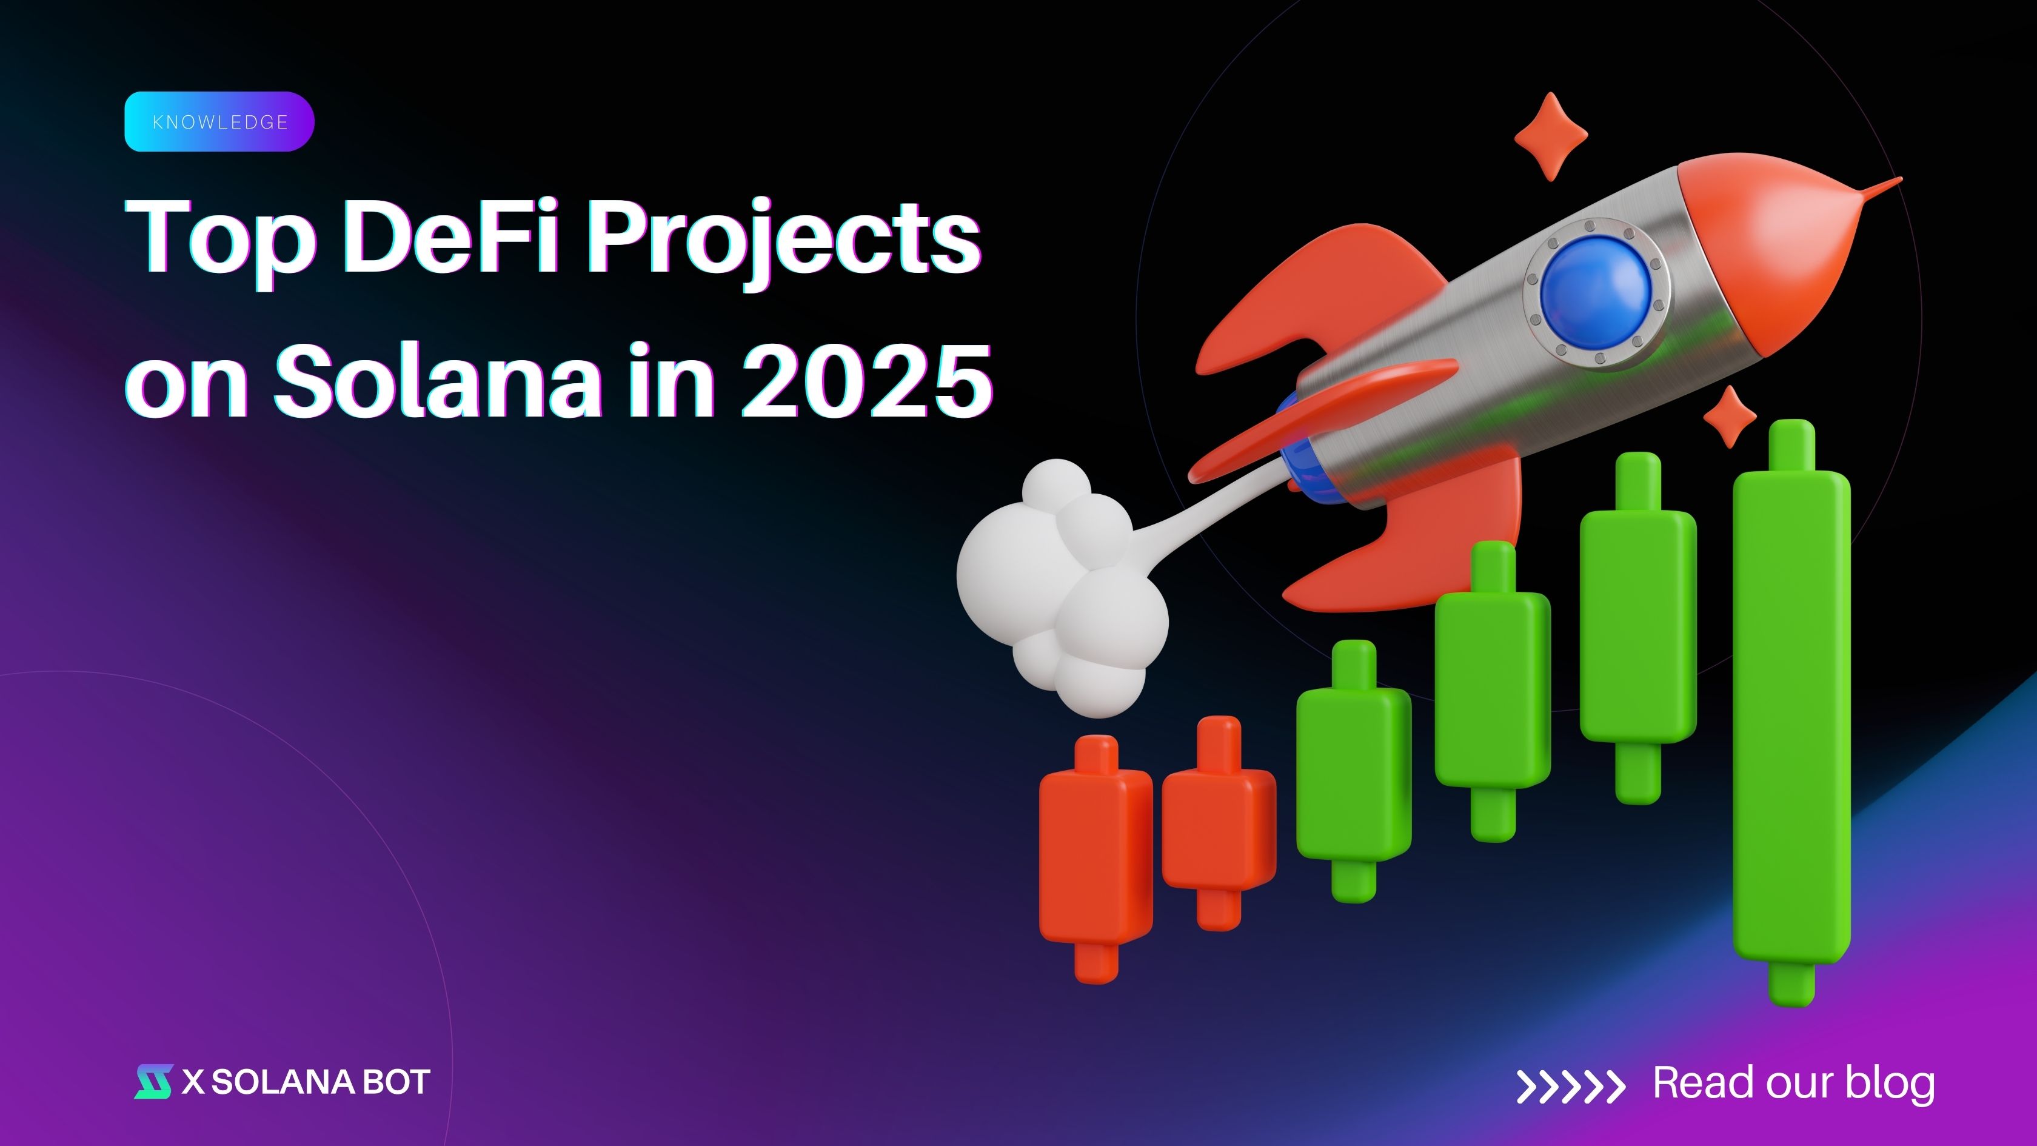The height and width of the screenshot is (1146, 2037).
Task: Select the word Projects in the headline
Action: tap(783, 241)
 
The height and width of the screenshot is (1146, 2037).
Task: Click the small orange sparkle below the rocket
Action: tap(1730, 417)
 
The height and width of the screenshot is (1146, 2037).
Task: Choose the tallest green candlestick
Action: tap(1791, 712)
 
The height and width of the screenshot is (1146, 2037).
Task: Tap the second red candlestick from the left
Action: tap(1219, 823)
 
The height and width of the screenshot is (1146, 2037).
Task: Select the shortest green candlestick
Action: tap(1354, 771)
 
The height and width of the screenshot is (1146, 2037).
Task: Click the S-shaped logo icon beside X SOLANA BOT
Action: tap(153, 1082)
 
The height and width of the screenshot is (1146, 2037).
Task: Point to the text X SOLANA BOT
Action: tap(306, 1082)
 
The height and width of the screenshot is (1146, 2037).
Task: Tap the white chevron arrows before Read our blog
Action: tap(1570, 1085)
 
